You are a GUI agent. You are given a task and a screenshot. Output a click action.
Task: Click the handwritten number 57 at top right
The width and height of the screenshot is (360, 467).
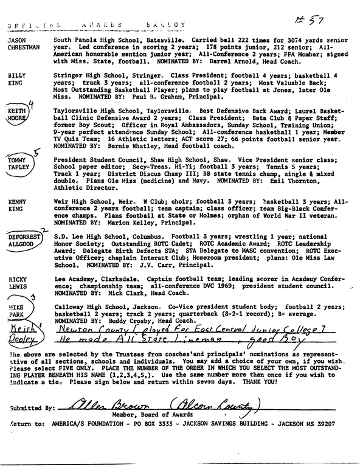pyautogui.click(x=314, y=21)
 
